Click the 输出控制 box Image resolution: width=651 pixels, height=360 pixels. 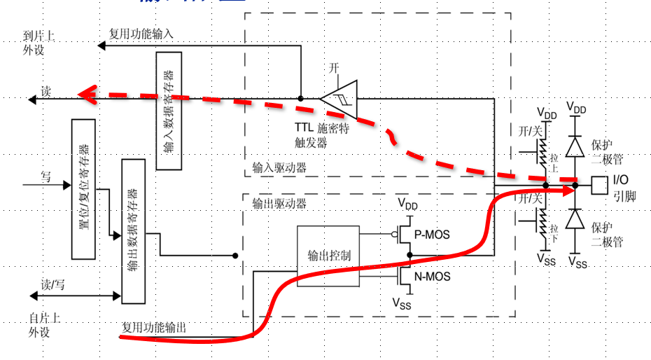click(328, 256)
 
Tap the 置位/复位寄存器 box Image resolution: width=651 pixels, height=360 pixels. click(83, 189)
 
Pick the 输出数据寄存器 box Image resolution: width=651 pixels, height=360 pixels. click(132, 230)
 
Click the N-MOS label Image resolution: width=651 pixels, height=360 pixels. click(433, 277)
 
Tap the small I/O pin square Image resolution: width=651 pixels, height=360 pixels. click(599, 185)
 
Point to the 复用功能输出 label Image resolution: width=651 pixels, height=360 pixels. click(154, 327)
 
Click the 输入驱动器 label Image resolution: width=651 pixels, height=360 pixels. click(279, 168)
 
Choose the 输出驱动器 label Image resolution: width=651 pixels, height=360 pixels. click(279, 204)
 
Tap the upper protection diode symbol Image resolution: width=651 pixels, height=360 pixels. click(575, 145)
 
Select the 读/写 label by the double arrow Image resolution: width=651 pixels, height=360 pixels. click(52, 284)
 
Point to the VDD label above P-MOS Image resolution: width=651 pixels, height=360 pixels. click(407, 205)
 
